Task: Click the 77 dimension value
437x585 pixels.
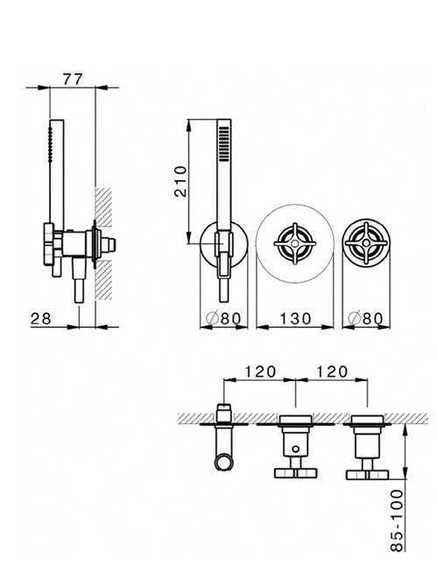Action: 73,80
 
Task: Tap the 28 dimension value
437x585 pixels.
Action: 40,319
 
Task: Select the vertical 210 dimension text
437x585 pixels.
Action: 180,182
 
